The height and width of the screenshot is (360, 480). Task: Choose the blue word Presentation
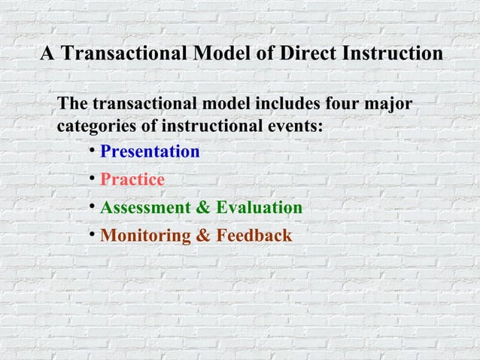tap(150, 152)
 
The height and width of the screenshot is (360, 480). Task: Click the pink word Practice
tap(132, 180)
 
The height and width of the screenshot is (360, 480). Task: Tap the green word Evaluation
tap(259, 208)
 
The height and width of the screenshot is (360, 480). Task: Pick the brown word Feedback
tap(254, 236)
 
